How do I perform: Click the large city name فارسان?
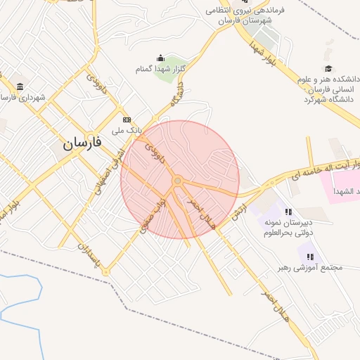pyautogui.click(x=82, y=143)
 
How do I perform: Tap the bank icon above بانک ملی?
pyautogui.click(x=127, y=120)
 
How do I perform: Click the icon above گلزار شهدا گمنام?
pyautogui.click(x=161, y=58)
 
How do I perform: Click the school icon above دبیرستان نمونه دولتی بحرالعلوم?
pyautogui.click(x=288, y=211)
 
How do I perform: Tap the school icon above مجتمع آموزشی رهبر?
pyautogui.click(x=310, y=257)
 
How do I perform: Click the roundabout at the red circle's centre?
pyautogui.click(x=178, y=181)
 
